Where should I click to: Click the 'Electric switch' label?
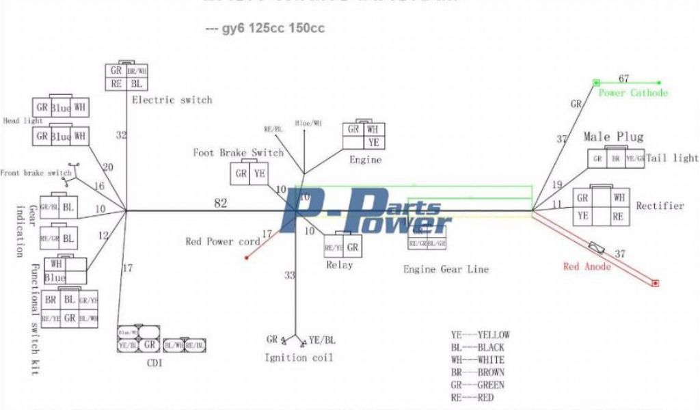172,100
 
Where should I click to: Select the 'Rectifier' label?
660,206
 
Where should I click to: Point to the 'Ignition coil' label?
299,357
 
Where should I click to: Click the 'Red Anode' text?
587,266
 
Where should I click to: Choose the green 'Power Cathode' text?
633,93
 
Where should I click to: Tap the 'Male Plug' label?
613,137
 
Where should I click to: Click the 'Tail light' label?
673,158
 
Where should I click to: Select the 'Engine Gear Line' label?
446,269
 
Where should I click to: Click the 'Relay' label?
339,264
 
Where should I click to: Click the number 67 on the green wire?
623,79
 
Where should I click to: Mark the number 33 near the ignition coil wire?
291,275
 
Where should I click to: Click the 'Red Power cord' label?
223,242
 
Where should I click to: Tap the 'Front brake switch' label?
36,173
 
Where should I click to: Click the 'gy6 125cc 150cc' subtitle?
265,29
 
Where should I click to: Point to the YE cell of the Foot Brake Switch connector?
260,174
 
